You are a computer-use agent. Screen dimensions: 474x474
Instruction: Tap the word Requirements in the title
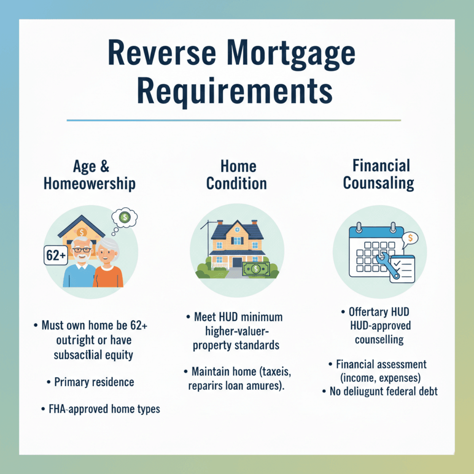235,92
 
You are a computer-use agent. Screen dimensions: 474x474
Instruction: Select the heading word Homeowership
90,184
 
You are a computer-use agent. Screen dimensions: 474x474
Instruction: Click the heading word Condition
236,184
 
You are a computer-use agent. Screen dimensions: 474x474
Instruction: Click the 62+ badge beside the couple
56,255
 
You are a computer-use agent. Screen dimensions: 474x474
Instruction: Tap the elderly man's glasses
82,250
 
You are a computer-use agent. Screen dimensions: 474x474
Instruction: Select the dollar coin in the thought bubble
125,217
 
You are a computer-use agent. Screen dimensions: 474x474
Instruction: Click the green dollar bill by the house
256,269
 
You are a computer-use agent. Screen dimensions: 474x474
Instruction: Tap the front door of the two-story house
237,262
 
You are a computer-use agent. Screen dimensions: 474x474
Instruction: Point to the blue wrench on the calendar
387,265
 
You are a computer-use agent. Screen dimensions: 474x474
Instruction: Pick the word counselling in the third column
379,340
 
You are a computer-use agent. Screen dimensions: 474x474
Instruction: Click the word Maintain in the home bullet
212,371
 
